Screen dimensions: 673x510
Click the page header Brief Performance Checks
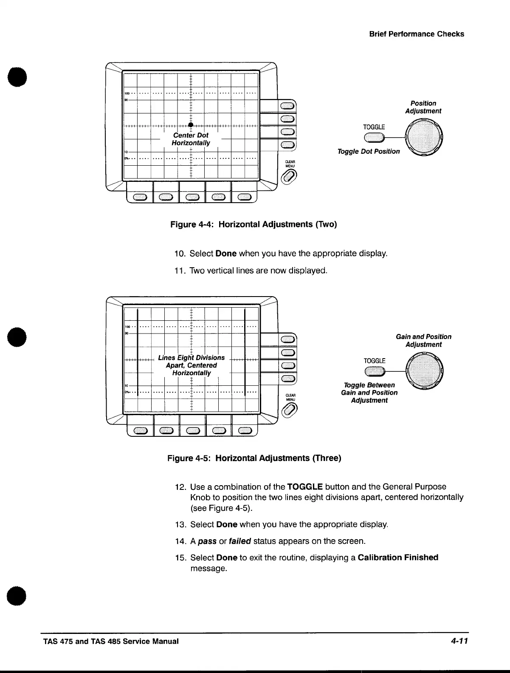[417, 34]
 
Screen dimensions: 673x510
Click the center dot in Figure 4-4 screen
[191, 125]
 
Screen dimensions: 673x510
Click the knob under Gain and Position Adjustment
[425, 370]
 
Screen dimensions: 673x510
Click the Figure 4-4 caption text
[253, 224]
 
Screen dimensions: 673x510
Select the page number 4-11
[458, 641]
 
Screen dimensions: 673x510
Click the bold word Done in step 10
[226, 254]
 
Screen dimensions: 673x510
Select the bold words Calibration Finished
[398, 557]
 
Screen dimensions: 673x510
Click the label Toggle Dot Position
[369, 151]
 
